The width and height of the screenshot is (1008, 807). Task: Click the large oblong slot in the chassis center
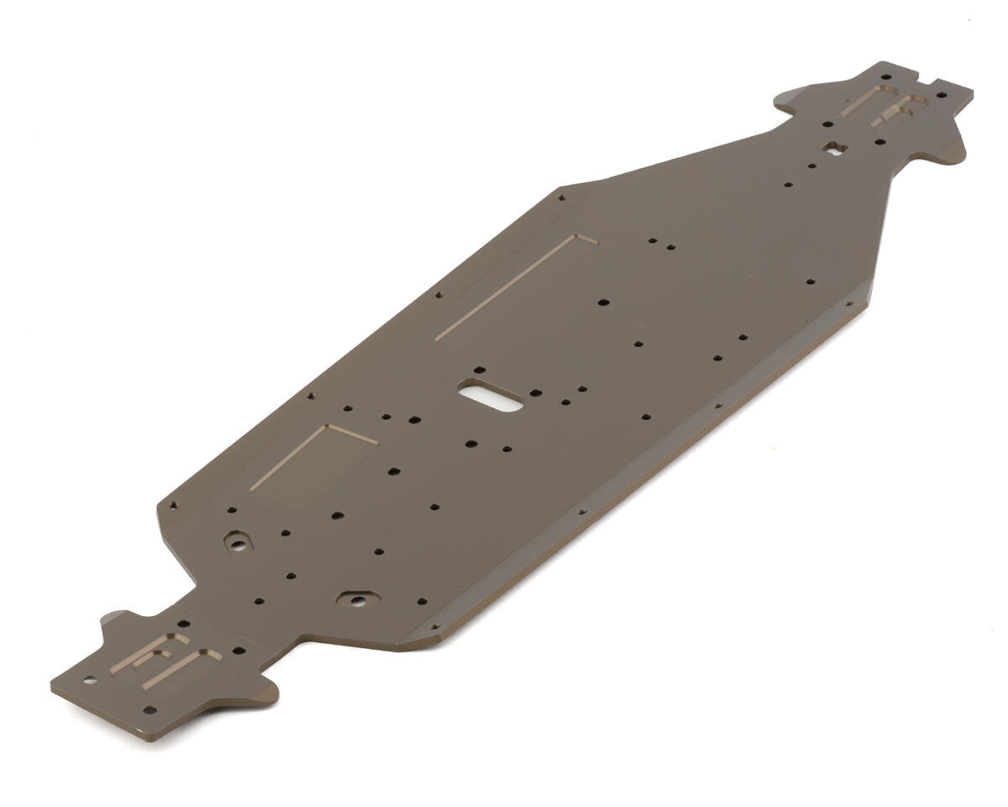click(491, 396)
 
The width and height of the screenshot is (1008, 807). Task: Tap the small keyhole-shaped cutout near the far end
click(834, 149)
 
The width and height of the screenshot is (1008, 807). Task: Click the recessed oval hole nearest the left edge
click(238, 542)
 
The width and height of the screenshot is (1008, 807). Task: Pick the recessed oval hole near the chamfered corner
click(358, 599)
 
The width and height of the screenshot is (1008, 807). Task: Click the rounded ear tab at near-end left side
click(117, 623)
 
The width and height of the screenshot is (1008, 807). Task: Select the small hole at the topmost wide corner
click(561, 198)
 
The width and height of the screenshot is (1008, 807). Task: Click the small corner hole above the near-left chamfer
click(174, 505)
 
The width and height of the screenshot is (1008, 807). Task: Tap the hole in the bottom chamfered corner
click(434, 626)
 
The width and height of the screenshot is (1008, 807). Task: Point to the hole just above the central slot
click(479, 369)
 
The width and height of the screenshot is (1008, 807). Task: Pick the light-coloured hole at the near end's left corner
click(88, 679)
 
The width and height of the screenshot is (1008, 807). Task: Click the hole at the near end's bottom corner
click(150, 710)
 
